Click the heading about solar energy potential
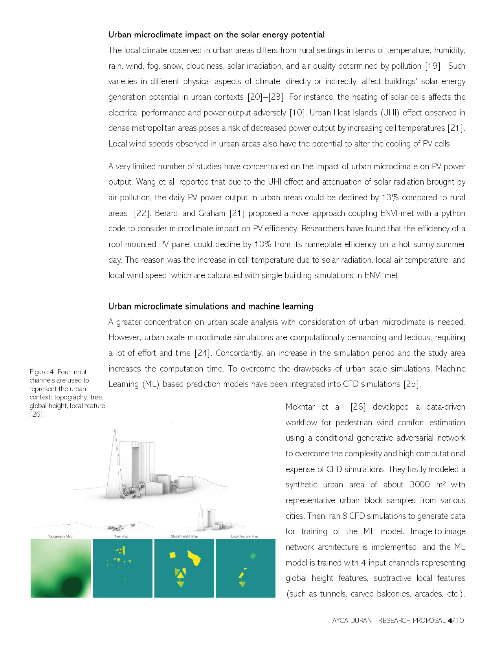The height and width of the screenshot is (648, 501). click(216, 35)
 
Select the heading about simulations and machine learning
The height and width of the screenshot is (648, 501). click(211, 306)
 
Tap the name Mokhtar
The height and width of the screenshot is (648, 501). click(300, 407)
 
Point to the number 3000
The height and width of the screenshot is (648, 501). click(420, 485)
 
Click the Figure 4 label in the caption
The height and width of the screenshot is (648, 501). click(41, 372)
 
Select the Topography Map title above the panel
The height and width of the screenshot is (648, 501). click(60, 536)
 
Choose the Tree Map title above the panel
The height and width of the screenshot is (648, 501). click(122, 536)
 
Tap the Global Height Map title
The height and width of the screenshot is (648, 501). click(184, 536)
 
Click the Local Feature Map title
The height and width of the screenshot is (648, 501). click(244, 536)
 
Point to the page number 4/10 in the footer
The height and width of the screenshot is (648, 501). click(456, 621)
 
